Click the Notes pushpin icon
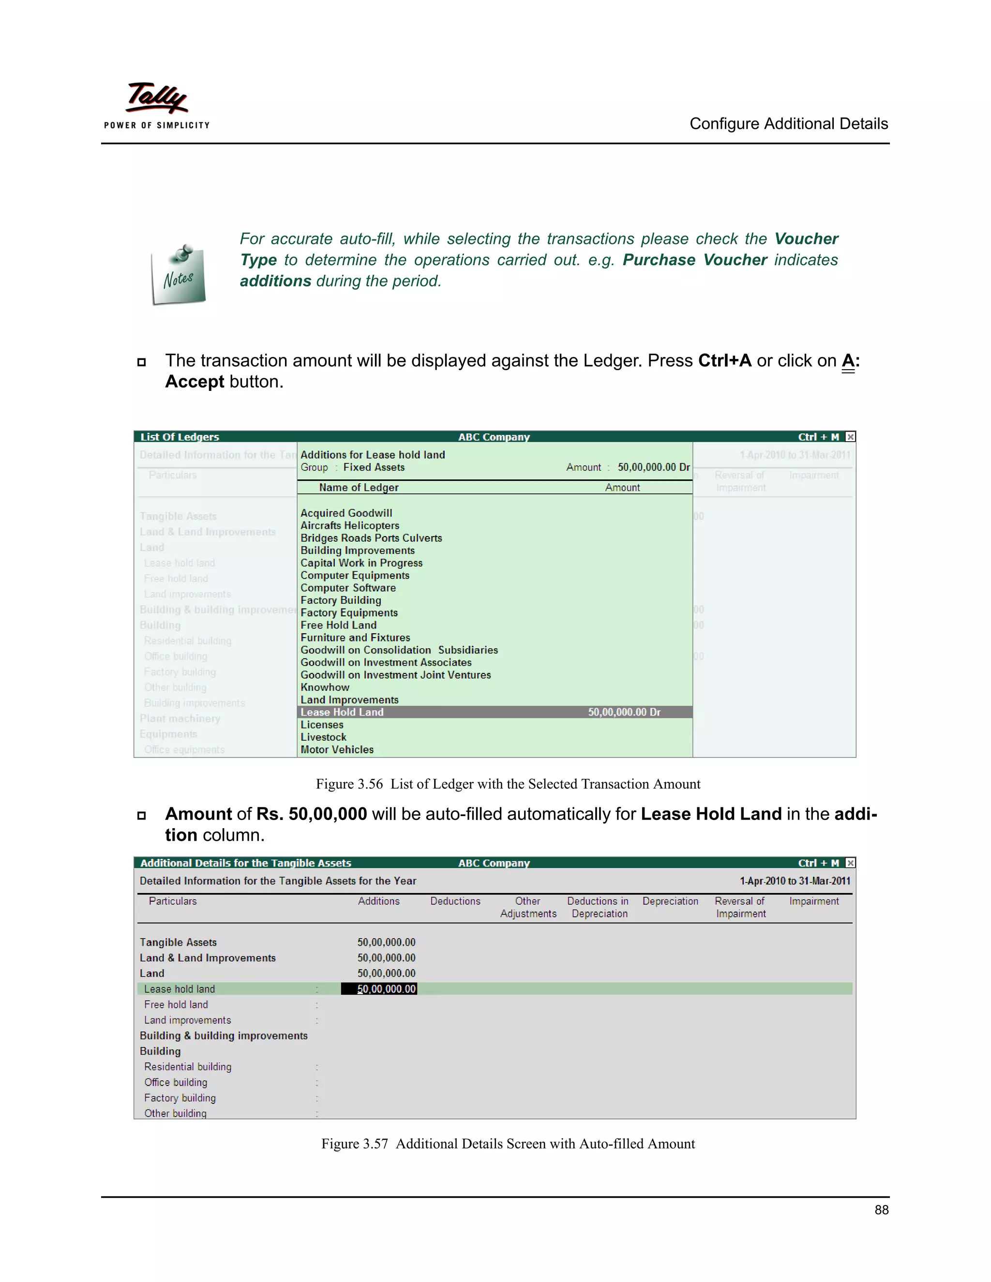click(x=179, y=274)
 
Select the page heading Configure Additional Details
click(x=788, y=124)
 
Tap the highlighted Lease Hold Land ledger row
click(x=495, y=712)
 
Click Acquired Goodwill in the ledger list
click(x=346, y=513)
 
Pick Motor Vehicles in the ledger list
click(x=336, y=749)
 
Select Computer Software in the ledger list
click(x=347, y=588)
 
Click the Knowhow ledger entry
click(x=325, y=687)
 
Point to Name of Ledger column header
click(x=358, y=487)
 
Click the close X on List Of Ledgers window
click(x=850, y=437)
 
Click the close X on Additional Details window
click(x=850, y=863)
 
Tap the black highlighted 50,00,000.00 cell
click(x=379, y=989)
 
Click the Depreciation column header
click(x=670, y=901)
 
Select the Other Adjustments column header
click(x=528, y=908)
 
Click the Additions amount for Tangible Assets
click(x=386, y=942)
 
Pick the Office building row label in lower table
click(x=176, y=1082)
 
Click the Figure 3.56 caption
click(x=508, y=784)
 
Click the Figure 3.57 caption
click(x=508, y=1144)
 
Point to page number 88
click(x=881, y=1210)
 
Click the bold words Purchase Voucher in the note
click(x=694, y=260)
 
